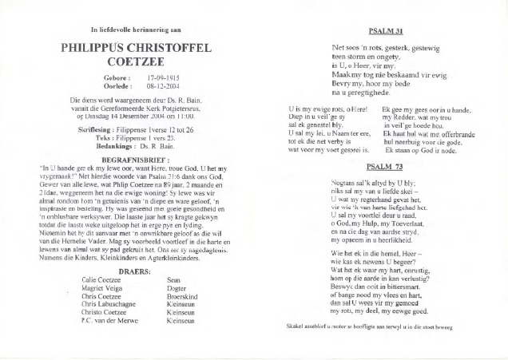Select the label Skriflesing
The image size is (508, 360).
(x=113, y=127)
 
